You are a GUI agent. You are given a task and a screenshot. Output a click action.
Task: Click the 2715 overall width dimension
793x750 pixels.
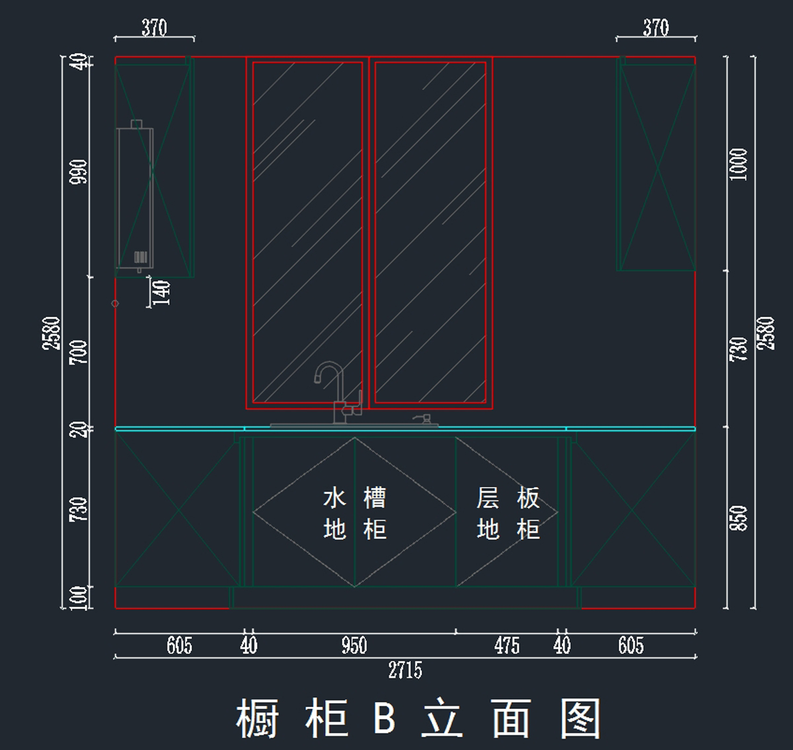point(404,670)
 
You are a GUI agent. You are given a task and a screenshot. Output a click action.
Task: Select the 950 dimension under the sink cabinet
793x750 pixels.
point(354,645)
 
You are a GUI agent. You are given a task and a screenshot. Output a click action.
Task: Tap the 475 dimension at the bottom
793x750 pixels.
point(507,645)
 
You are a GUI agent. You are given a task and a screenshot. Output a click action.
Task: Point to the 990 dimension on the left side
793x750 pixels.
point(79,172)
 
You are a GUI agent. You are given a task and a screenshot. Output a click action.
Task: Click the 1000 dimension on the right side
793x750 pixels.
point(738,164)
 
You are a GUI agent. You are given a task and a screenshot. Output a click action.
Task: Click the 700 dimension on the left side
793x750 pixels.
point(79,352)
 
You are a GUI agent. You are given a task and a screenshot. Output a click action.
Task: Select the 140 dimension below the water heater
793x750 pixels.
point(161,292)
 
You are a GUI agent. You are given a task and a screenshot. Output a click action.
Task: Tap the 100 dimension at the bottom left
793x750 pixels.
point(79,597)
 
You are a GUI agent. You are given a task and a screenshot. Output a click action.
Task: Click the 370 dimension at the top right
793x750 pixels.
point(656,28)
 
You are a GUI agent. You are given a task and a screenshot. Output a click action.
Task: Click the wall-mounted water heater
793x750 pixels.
point(135,197)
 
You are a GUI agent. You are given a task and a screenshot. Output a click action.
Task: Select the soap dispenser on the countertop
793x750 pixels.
point(423,420)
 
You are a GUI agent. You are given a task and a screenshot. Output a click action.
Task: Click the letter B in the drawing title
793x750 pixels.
point(385,718)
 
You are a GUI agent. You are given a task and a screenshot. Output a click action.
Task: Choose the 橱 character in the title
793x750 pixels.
point(258,718)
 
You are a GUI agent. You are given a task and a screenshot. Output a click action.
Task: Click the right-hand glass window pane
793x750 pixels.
point(430,232)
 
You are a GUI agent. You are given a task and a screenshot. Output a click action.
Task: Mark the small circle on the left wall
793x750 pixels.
point(115,303)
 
